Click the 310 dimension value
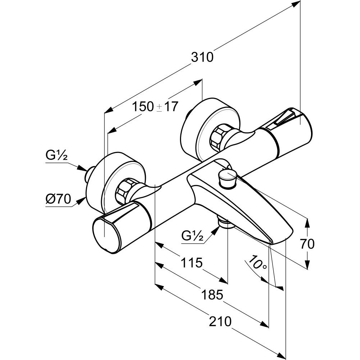click(x=202, y=57)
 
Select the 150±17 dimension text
click(x=155, y=107)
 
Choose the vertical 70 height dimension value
click(x=307, y=244)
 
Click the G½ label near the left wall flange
click(x=57, y=156)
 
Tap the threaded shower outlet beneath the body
click(x=225, y=224)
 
